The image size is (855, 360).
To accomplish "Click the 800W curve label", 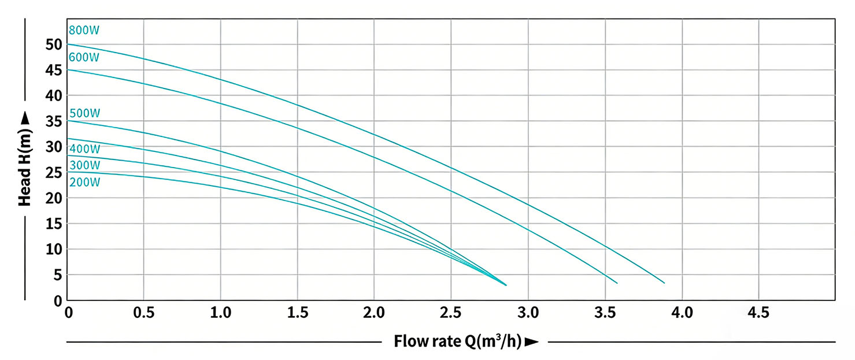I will point(80,31).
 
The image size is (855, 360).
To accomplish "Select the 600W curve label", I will point(84,57).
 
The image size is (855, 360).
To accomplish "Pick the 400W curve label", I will point(84,149).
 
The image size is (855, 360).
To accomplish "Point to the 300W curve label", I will point(84,165).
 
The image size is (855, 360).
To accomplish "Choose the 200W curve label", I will point(84,183).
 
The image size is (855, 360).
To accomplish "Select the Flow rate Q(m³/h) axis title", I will point(458,341).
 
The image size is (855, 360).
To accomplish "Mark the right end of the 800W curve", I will point(664,283).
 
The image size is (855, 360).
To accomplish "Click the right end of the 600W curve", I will point(617,283).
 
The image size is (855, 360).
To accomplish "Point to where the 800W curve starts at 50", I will point(68,44).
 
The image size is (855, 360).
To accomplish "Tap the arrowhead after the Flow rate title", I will point(532,342).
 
